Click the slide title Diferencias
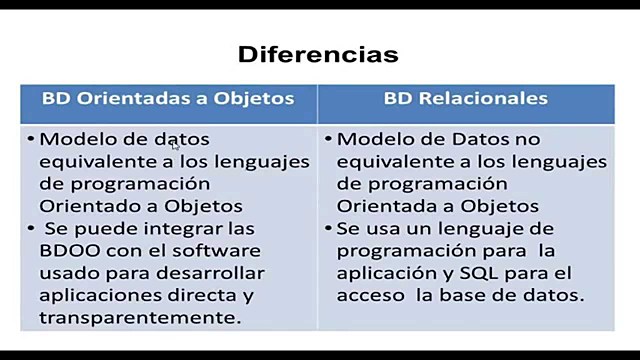point(318,53)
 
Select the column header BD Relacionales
point(466,99)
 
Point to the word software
point(217,250)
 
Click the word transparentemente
point(140,318)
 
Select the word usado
point(66,273)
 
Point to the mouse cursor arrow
point(175,146)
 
